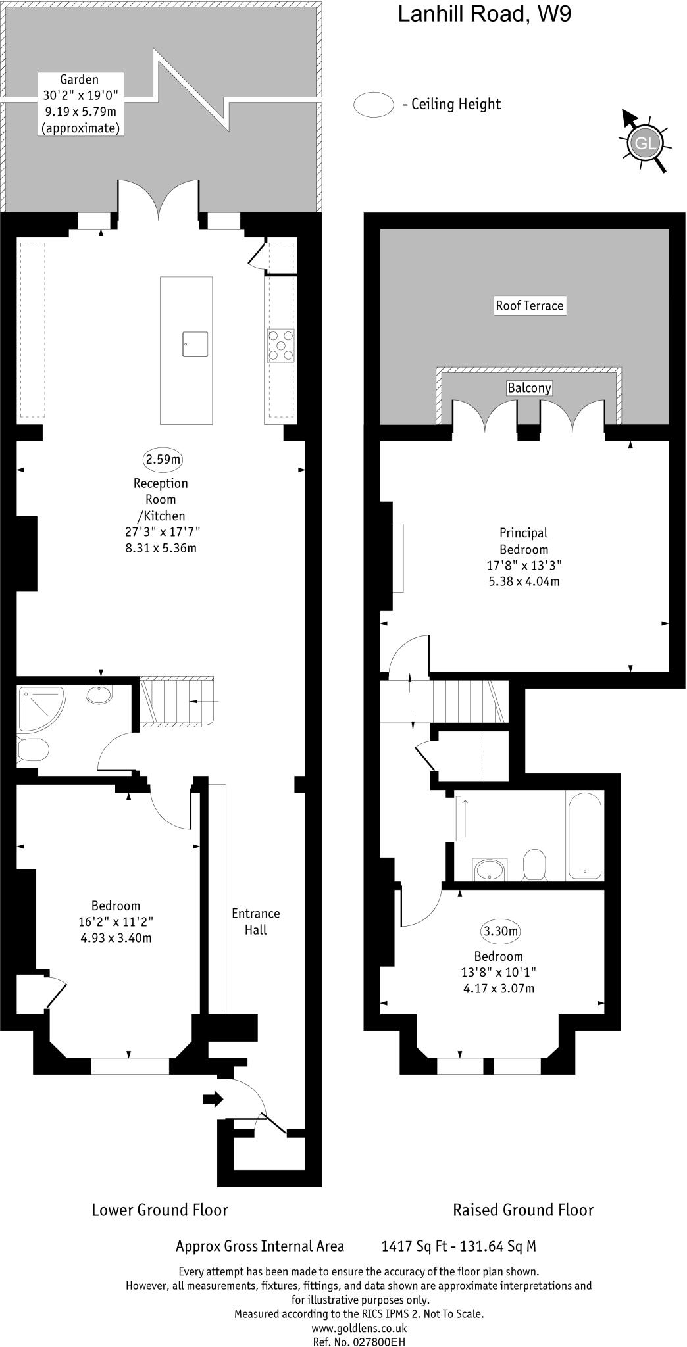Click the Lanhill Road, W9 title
point(484,14)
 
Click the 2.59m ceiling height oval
point(162,459)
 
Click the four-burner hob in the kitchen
point(281,345)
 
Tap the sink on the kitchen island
point(195,345)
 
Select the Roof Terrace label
point(530,305)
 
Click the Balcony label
point(529,388)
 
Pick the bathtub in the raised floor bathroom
point(584,835)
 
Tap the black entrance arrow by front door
point(213,1099)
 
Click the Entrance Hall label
point(256,921)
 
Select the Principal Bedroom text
point(524,541)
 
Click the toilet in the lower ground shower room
point(33,749)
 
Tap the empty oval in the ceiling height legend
point(374,105)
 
